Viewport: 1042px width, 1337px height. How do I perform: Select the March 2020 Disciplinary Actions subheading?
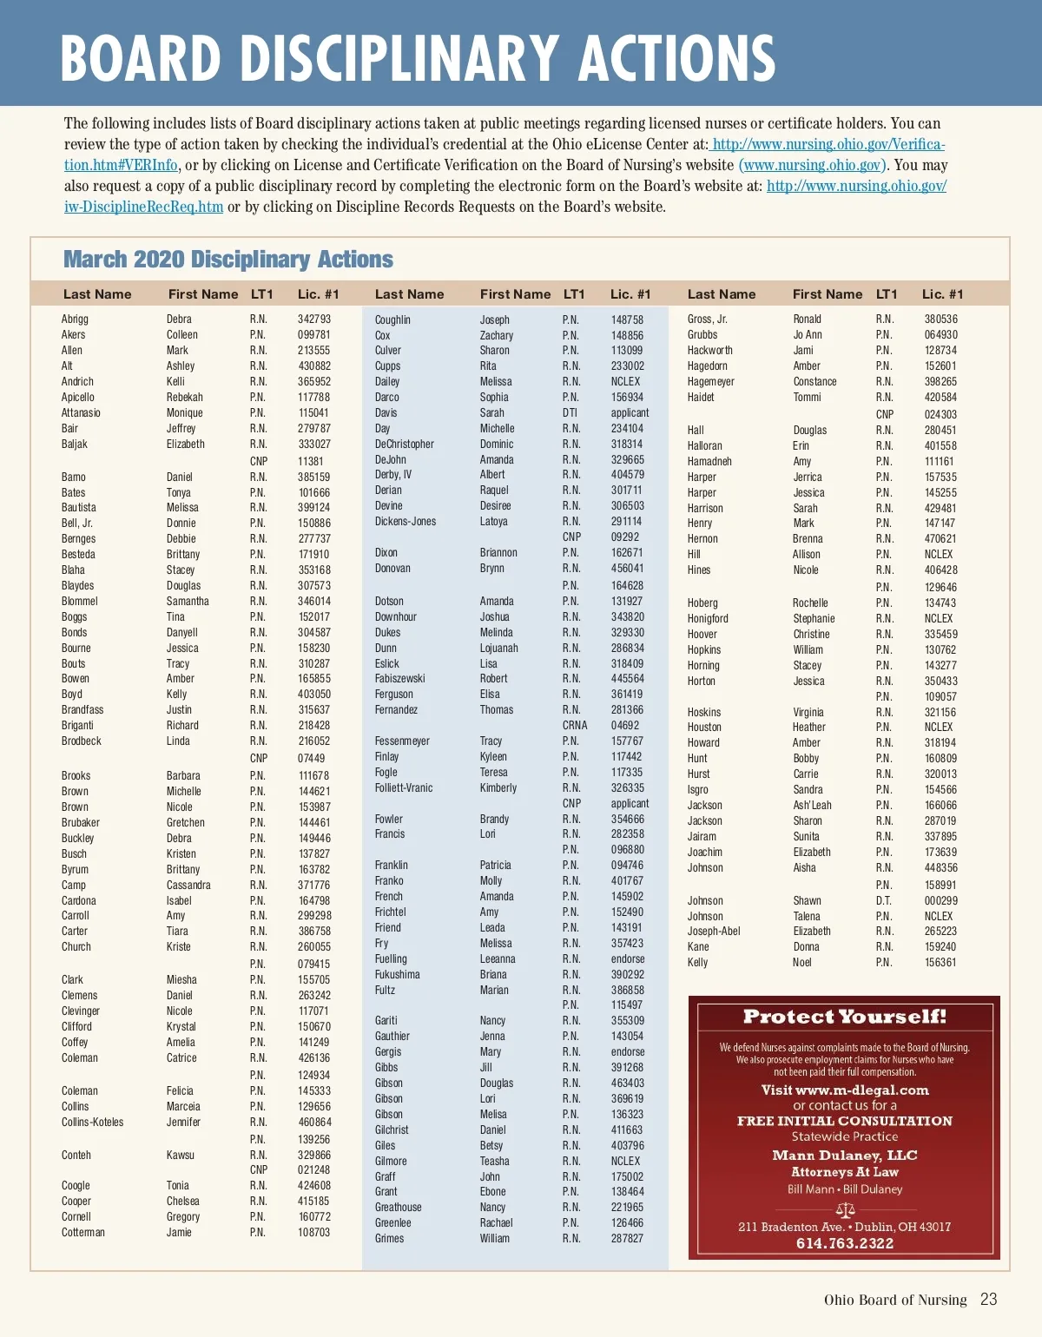[x=228, y=260]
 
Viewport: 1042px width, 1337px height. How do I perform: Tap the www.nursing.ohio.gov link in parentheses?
[x=813, y=165]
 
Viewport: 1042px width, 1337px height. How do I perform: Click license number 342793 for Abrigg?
[x=314, y=319]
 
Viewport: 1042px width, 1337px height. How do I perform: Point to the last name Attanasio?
[x=81, y=413]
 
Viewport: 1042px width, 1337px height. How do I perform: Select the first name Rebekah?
[x=185, y=398]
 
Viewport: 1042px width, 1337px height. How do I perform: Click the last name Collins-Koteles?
[x=92, y=1123]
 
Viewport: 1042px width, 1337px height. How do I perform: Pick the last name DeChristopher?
[x=404, y=445]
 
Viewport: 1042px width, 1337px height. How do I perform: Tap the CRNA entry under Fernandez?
[x=575, y=726]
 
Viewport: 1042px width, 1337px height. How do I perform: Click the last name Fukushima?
[x=397, y=975]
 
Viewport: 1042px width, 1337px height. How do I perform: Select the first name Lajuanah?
[x=498, y=649]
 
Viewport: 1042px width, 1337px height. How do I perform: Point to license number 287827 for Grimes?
[x=627, y=1239]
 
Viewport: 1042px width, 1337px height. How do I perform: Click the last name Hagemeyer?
[x=710, y=382]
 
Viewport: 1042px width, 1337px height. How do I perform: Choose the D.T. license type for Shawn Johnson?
[x=883, y=901]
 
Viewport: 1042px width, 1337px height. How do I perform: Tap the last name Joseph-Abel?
[x=714, y=932]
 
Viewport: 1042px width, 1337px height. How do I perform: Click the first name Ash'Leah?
[x=812, y=806]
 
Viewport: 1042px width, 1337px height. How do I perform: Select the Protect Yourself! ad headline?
[x=844, y=1017]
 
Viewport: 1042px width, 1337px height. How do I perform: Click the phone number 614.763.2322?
[x=844, y=1243]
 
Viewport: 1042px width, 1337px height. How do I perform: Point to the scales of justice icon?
[x=845, y=1209]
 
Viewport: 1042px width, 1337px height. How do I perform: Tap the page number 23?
[x=988, y=1300]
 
